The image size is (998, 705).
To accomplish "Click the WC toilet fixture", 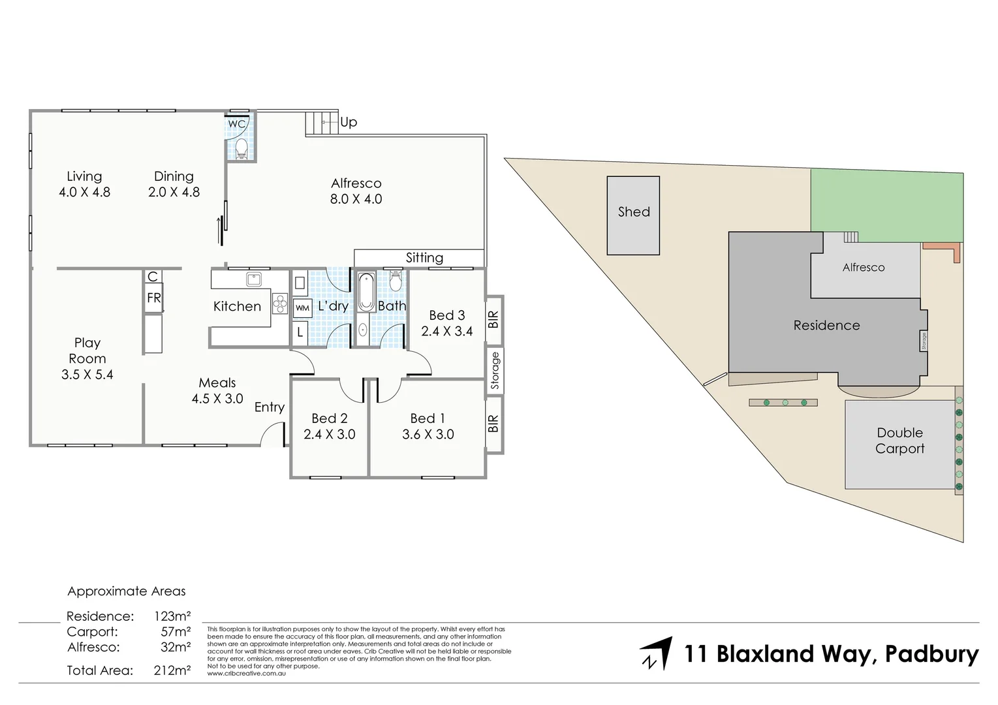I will click(240, 148).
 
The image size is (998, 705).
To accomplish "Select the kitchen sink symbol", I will click(253, 279).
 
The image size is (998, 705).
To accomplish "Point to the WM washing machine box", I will click(302, 307).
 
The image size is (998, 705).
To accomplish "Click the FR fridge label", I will click(153, 298).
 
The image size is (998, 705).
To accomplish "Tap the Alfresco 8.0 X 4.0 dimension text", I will click(356, 199).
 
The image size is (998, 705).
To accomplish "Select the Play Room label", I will click(87, 351).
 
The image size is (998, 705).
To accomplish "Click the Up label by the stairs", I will click(349, 122).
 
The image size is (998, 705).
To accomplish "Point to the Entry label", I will click(269, 407).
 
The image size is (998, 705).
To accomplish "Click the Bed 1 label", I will click(428, 418).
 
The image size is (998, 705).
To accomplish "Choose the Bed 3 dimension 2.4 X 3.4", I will click(446, 331).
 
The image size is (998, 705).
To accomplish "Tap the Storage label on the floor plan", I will click(495, 370).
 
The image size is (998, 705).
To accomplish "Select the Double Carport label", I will click(899, 441).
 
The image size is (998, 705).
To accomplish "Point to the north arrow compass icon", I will click(656, 653).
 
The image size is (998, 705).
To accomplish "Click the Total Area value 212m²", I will click(172, 670).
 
